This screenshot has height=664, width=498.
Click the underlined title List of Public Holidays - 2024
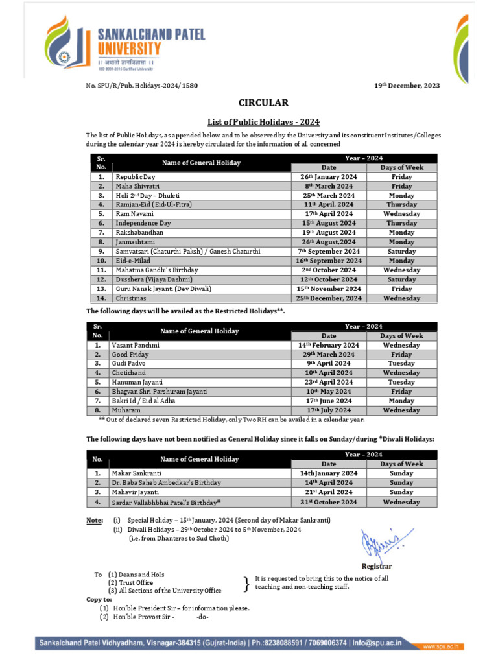pyautogui.click(x=263, y=121)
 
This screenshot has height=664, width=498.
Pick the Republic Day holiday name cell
pyautogui.click(x=136, y=176)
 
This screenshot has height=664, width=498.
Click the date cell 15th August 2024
pyautogui.click(x=328, y=223)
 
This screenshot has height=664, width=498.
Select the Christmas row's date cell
pyautogui.click(x=328, y=298)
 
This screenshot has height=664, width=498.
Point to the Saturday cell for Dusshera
pyautogui.click(x=401, y=279)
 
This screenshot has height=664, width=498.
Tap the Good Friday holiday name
pyautogui.click(x=130, y=355)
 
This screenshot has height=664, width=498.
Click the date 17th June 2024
pyautogui.click(x=328, y=401)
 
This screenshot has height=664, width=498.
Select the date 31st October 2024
pyautogui.click(x=328, y=502)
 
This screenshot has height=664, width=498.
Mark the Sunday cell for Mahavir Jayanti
pyautogui.click(x=401, y=492)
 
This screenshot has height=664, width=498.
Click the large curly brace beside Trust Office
pyautogui.click(x=246, y=583)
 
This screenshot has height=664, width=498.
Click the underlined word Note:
pyautogui.click(x=95, y=521)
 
